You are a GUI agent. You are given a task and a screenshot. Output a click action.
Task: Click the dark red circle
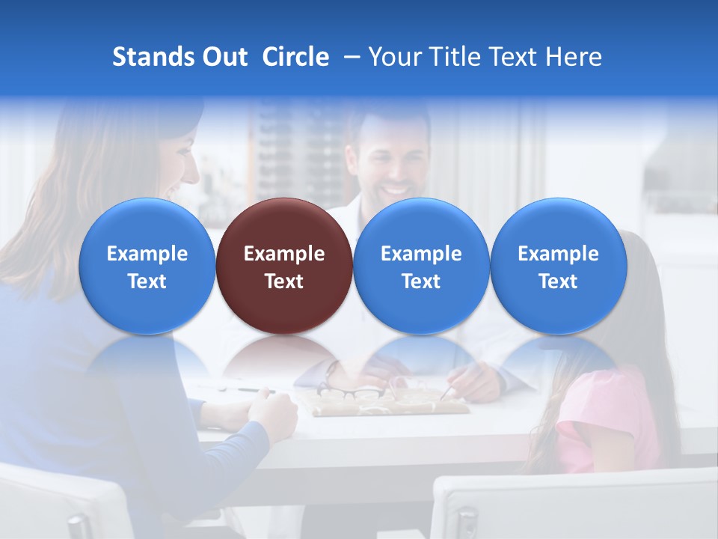click(283, 266)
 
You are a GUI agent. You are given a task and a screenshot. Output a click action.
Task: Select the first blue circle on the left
click(147, 266)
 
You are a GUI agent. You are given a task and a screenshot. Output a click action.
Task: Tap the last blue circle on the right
click(558, 266)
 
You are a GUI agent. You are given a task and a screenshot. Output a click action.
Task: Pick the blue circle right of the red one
click(421, 266)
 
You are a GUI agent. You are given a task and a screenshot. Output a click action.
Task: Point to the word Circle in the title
click(295, 57)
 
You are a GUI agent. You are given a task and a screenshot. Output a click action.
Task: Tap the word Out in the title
click(225, 57)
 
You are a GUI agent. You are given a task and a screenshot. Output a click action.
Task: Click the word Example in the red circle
click(284, 254)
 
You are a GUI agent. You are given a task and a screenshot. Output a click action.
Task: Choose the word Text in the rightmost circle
click(558, 281)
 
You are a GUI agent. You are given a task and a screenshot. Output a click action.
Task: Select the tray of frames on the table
click(389, 401)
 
